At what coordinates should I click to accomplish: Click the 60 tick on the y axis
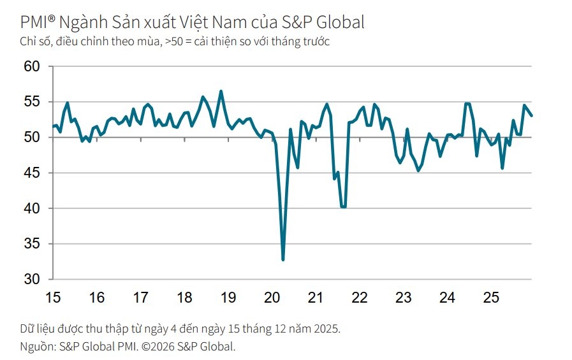click(32, 66)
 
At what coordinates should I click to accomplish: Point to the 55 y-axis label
click(32, 102)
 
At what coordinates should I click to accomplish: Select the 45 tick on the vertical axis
click(32, 173)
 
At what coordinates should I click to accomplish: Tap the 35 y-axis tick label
click(32, 244)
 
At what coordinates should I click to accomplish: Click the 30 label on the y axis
click(32, 280)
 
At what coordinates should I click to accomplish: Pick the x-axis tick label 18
click(184, 298)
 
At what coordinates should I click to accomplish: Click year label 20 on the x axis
click(272, 298)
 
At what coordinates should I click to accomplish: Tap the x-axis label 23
click(404, 298)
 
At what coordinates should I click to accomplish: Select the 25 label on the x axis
click(491, 298)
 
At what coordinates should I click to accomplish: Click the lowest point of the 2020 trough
click(282, 259)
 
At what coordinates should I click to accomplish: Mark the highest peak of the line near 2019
click(221, 91)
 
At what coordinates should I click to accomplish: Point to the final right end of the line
click(532, 115)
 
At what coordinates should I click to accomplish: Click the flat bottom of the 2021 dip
click(344, 206)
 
